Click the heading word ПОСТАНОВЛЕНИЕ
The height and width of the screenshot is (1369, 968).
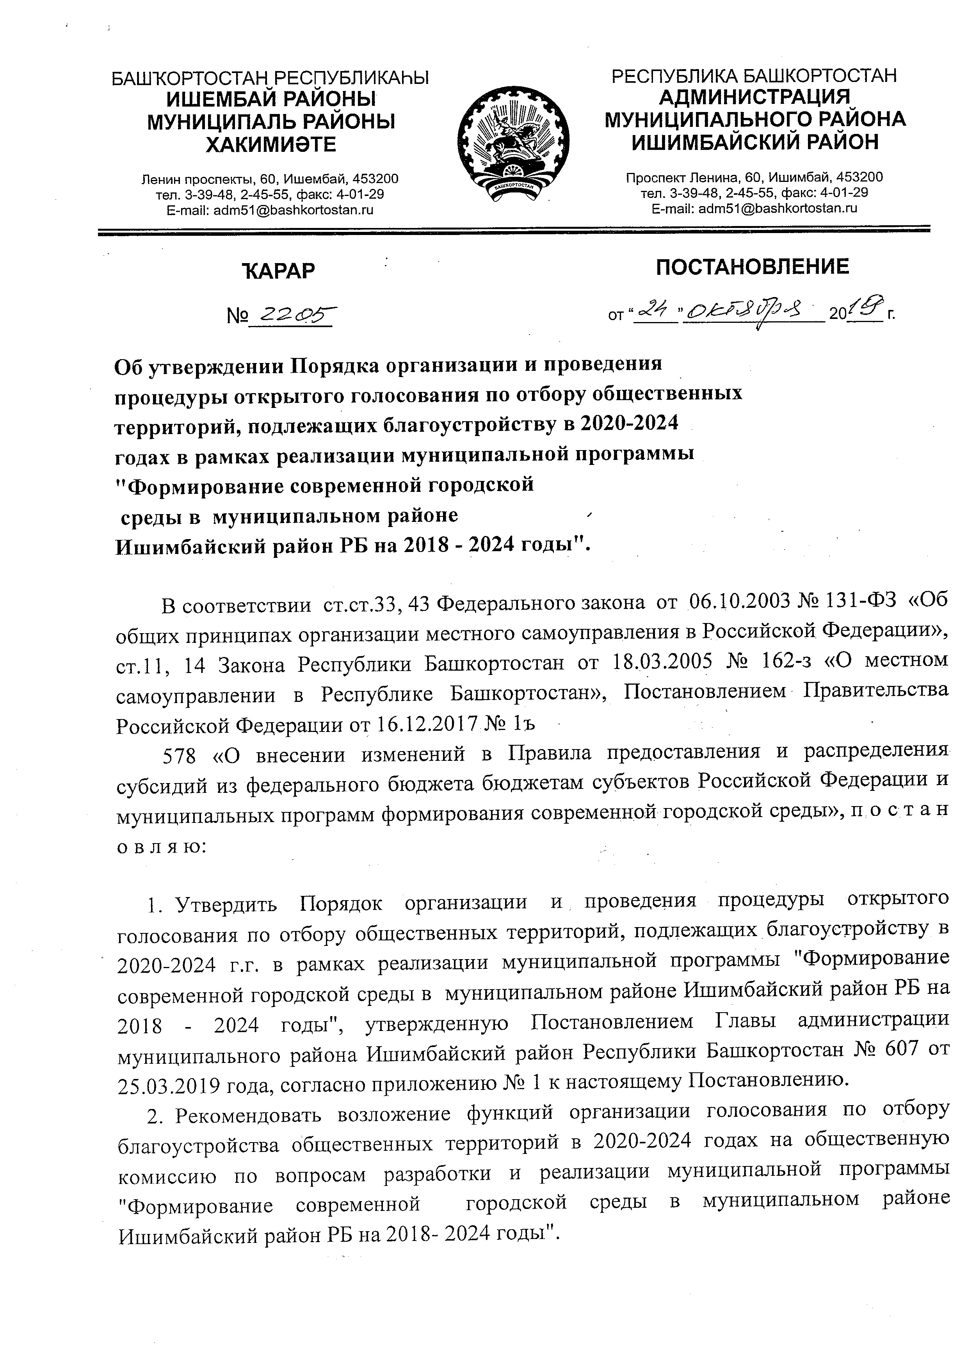pyautogui.click(x=752, y=267)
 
